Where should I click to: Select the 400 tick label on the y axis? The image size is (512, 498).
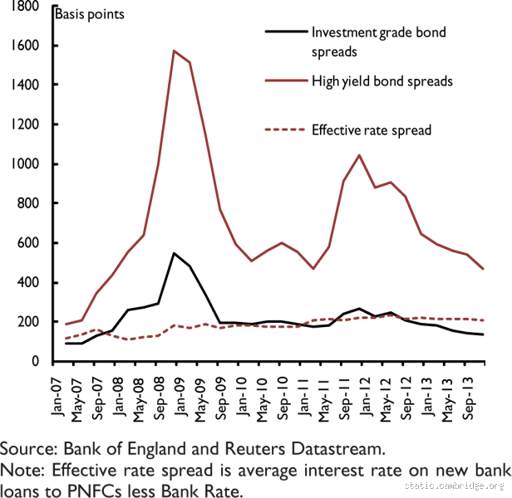pyautogui.click(x=32, y=282)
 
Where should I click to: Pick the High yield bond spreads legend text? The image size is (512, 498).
pyautogui.click(x=382, y=81)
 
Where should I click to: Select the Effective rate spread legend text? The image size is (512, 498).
pyautogui.click(x=372, y=129)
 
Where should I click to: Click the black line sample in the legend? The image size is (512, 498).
pyautogui.click(x=282, y=33)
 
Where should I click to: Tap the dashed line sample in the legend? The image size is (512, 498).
pyautogui.click(x=282, y=129)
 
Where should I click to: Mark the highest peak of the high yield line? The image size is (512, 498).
pyautogui.click(x=174, y=51)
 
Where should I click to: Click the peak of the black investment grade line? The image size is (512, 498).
pyautogui.click(x=174, y=253)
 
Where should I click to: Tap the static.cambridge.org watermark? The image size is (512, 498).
pyautogui.click(x=456, y=486)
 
